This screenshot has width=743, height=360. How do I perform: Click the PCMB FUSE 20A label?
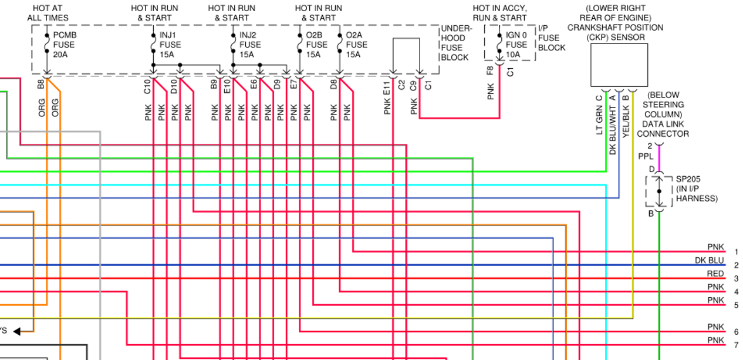pyautogui.click(x=65, y=45)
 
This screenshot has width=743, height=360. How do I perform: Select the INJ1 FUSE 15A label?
pyautogui.click(x=171, y=45)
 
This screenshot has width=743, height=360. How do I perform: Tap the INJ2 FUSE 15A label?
pyautogui.click(x=250, y=45)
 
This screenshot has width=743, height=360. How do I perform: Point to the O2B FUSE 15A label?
pyautogui.click(x=316, y=45)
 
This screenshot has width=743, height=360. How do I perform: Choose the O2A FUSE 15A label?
pyautogui.click(x=356, y=45)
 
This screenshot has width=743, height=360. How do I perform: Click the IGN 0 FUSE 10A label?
pyautogui.click(x=516, y=45)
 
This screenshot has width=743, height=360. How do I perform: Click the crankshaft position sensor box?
pyautogui.click(x=619, y=65)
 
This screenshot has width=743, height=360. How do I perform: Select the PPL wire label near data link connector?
pyautogui.click(x=646, y=157)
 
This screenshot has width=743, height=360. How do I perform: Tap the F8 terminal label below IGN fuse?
pyautogui.click(x=490, y=72)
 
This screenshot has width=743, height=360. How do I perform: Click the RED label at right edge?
pyautogui.click(x=715, y=274)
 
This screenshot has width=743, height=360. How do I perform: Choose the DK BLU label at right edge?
pyautogui.click(x=710, y=261)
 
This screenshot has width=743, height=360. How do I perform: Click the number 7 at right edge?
pyautogui.click(x=736, y=344)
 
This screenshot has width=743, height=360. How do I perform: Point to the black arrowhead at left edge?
pyautogui.click(x=17, y=331)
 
